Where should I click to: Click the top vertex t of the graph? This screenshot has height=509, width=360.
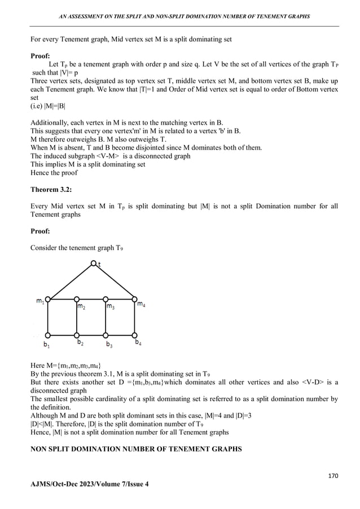(x=94, y=262)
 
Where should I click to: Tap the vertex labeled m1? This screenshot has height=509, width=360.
(x=49, y=299)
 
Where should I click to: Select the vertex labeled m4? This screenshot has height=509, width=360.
(x=135, y=299)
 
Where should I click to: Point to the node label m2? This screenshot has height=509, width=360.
(x=82, y=307)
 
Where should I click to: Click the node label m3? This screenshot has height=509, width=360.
(x=111, y=307)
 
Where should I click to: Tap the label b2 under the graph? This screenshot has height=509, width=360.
(x=81, y=343)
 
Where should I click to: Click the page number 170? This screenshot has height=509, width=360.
(x=333, y=476)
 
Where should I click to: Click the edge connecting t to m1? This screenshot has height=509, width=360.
(x=71, y=280)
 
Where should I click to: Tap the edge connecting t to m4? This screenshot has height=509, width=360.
(x=115, y=280)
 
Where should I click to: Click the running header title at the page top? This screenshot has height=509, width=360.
(x=184, y=16)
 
